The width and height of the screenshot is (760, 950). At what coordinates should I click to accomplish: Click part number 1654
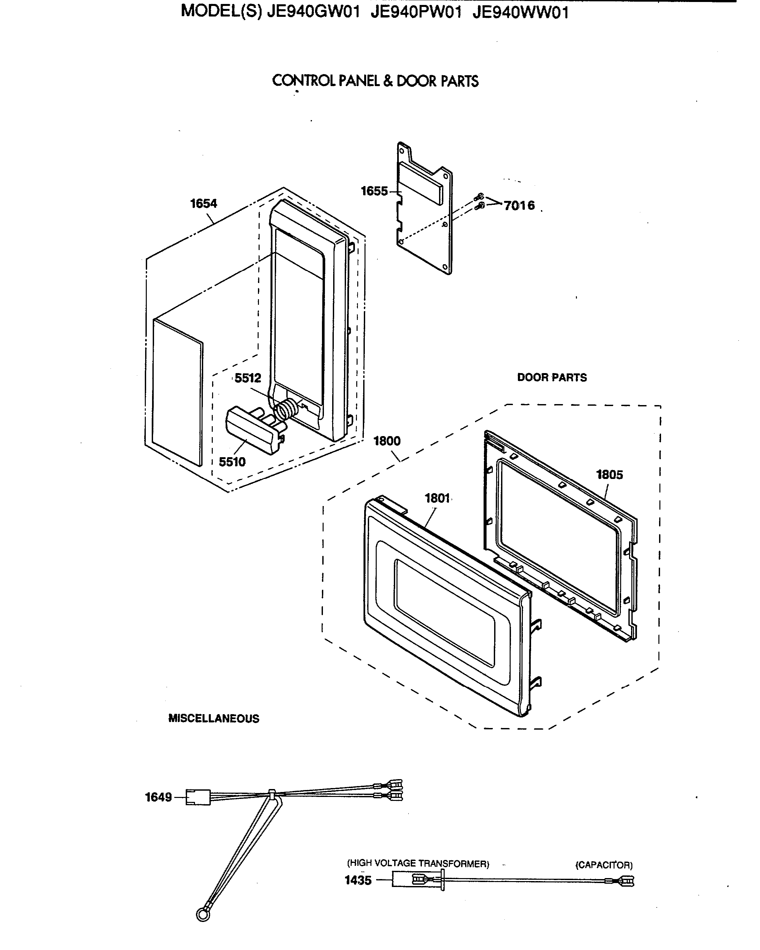(204, 204)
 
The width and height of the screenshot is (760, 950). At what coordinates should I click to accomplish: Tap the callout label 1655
(374, 191)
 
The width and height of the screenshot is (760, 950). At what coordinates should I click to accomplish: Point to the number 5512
(248, 378)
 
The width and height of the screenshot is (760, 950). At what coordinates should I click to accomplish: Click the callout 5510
(232, 462)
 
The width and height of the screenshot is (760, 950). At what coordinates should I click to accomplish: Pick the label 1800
(387, 441)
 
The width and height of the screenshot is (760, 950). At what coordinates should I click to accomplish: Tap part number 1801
(437, 498)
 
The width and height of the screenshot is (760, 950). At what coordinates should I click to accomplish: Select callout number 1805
(609, 475)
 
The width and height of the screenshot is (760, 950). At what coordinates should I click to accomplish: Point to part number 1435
(358, 880)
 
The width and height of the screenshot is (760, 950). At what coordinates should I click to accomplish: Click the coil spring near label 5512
(286, 408)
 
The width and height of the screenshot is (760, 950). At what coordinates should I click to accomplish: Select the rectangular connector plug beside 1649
(198, 797)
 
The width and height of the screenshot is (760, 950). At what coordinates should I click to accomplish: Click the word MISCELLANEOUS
(214, 719)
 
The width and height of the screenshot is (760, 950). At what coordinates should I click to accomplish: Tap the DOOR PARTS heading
(552, 378)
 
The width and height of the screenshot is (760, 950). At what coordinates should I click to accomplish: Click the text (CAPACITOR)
(604, 865)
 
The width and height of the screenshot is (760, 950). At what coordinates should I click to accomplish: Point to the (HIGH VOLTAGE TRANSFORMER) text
(418, 864)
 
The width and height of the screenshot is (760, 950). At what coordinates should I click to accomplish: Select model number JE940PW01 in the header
(416, 12)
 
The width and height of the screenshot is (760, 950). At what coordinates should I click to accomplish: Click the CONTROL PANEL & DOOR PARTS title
(375, 81)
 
